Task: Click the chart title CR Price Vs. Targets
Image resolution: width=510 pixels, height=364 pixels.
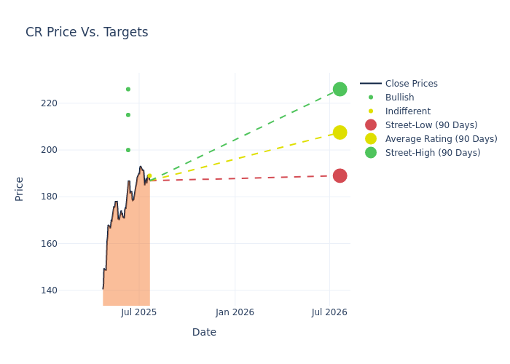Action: coord(87,32)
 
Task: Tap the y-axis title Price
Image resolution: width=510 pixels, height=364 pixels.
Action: coord(20,189)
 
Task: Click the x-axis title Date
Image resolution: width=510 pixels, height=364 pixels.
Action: coord(204,332)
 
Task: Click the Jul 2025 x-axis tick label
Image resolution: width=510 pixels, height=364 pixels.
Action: coord(139,312)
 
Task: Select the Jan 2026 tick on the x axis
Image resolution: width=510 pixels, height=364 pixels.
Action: coord(235,312)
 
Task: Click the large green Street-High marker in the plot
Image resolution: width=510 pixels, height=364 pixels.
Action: coord(340,89)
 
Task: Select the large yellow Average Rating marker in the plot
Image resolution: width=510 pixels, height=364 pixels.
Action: coord(340,132)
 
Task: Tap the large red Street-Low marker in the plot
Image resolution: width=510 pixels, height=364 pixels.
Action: coord(340,175)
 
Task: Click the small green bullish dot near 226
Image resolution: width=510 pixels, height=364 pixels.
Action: coord(128,90)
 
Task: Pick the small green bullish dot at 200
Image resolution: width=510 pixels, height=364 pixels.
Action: coord(128,150)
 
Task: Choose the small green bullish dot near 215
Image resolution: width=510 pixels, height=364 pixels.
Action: coord(128,115)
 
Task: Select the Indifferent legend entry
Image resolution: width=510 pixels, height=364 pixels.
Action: coord(407,111)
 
